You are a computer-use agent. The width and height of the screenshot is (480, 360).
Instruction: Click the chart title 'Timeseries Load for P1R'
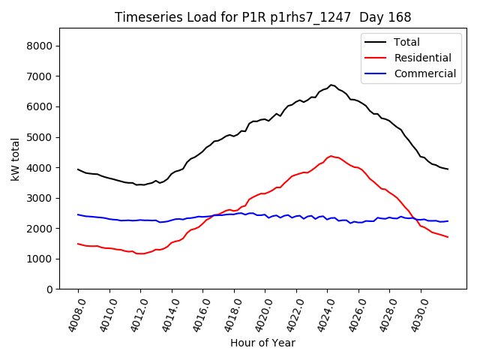click(262, 16)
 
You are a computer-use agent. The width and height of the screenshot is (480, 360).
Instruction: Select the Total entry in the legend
click(406, 42)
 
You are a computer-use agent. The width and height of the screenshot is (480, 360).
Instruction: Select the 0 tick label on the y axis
click(49, 289)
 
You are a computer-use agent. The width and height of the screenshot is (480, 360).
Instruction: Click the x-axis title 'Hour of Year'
click(262, 343)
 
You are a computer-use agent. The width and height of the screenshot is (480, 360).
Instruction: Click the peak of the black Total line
click(331, 85)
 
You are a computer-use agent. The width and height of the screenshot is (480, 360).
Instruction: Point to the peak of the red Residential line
click(331, 156)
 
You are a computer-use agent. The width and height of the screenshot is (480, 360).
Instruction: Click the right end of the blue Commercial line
click(448, 221)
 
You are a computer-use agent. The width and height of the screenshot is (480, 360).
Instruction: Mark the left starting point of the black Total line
click(78, 169)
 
